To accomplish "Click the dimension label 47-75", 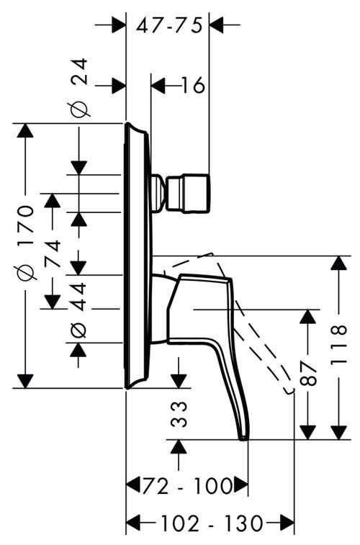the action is [x=169, y=25].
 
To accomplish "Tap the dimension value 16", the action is [x=193, y=85].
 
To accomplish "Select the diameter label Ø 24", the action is [x=79, y=88].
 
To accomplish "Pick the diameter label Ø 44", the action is [x=79, y=310].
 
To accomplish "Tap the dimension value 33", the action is [x=179, y=414].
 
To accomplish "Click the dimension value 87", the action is [x=308, y=373].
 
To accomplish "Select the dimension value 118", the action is [x=338, y=345].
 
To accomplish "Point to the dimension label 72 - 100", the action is [x=187, y=485].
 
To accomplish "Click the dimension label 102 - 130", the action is [x=211, y=523].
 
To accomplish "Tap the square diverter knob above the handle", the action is [x=189, y=193].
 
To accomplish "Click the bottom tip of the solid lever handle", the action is [x=243, y=438].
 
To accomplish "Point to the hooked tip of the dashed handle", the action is [x=289, y=392].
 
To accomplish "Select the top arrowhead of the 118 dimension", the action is [x=339, y=263].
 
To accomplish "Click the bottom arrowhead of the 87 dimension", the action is [x=308, y=433].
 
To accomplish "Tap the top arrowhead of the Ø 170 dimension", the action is [x=25, y=130].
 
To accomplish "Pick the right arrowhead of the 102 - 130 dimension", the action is [x=287, y=523].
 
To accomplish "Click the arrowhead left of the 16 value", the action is [x=158, y=86].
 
